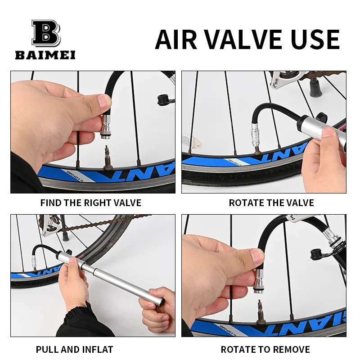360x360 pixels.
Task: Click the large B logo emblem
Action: point(45,33)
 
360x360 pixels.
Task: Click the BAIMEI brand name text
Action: point(45,55)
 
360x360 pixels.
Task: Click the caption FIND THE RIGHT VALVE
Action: point(91,203)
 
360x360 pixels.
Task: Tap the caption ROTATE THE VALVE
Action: point(271,203)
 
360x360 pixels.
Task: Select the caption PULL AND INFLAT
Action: point(75,349)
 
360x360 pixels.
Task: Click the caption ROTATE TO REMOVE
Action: point(265,349)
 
